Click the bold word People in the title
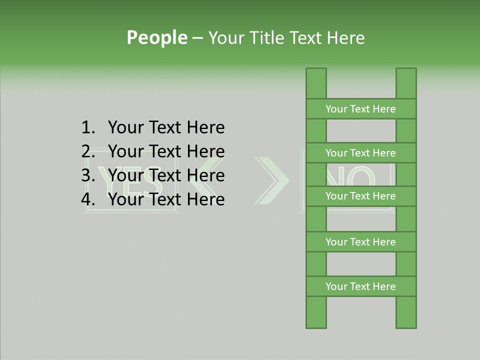coord(156,37)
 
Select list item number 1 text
coord(166,128)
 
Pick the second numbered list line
coord(166,151)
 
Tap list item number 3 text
coord(166,175)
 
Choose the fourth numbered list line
coord(166,199)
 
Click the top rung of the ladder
coord(360,109)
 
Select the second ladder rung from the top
coord(360,153)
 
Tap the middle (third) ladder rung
coord(360,196)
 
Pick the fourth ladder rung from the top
coord(360,242)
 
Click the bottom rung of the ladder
coord(360,286)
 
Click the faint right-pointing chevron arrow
coord(272,180)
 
